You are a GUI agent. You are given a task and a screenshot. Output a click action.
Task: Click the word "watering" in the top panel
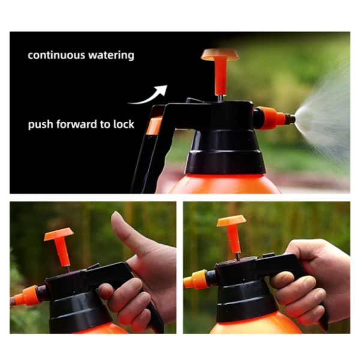tap(112, 56)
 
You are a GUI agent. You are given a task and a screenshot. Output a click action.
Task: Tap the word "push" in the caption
tap(40, 125)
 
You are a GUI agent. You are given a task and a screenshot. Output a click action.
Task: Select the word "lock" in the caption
tap(124, 125)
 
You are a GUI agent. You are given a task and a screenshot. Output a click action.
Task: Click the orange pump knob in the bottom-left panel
tap(58, 234)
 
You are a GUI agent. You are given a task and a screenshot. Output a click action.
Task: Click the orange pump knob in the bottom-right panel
tap(231, 221)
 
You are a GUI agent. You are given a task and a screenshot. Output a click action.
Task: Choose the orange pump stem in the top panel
tap(220, 78)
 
